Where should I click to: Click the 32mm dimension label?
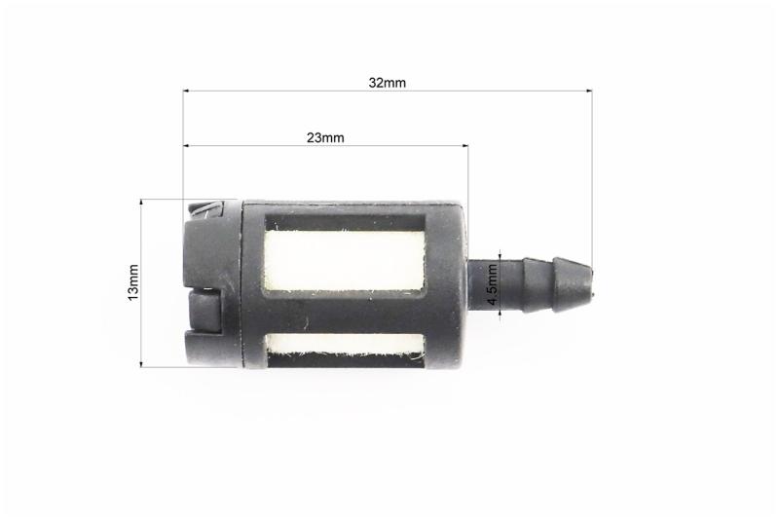pyautogui.click(x=387, y=83)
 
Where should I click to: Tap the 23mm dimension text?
pyautogui.click(x=325, y=137)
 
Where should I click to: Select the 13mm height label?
pyautogui.click(x=133, y=282)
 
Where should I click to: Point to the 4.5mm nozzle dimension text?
pyautogui.click(x=492, y=284)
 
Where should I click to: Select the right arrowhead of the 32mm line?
pyautogui.click(x=589, y=91)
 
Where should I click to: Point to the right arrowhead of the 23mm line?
pyautogui.click(x=464, y=145)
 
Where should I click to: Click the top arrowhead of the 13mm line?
pyautogui.click(x=141, y=203)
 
